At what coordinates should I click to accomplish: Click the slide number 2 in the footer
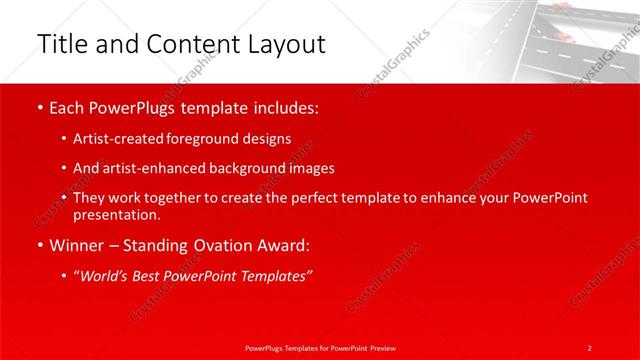point(589,347)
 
